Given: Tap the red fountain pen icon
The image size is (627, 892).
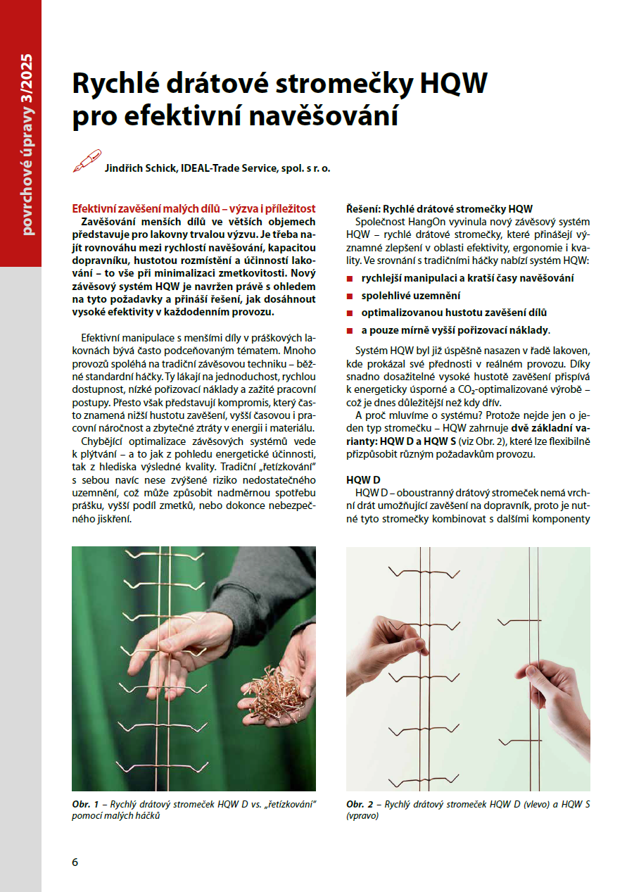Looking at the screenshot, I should click(87, 161).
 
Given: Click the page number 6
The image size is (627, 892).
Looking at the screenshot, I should click(75, 862).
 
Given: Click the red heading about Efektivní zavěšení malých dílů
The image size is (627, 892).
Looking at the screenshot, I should click(194, 209).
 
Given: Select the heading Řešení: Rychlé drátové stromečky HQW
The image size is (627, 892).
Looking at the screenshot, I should click(439, 209).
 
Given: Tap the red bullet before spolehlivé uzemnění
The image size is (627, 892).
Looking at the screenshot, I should click(350, 296).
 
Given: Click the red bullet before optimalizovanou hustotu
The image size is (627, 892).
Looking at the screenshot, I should click(350, 313).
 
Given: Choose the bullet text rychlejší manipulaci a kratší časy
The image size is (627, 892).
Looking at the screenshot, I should click(467, 278).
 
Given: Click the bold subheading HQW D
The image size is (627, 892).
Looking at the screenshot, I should click(363, 479).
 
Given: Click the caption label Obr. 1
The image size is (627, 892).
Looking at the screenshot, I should click(84, 804).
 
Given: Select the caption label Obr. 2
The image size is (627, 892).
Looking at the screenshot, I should click(359, 804).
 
